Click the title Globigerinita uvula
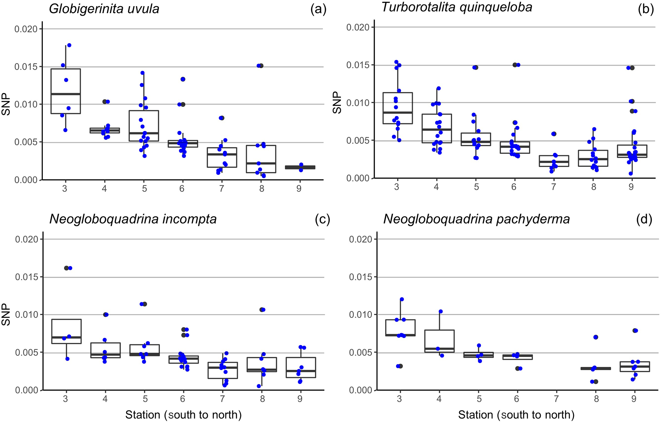(x=104, y=9)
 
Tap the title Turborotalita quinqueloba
(x=457, y=7)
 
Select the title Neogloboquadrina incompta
(x=133, y=219)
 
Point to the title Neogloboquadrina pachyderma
(x=476, y=219)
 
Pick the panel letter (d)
(x=644, y=219)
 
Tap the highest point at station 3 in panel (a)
(x=69, y=45)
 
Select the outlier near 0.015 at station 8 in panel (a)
(x=261, y=66)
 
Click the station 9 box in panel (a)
(x=299, y=167)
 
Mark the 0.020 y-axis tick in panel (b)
(x=358, y=27)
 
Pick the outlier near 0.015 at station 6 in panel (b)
(x=515, y=65)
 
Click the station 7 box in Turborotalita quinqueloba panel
(x=554, y=161)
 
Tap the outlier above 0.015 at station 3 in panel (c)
(x=67, y=268)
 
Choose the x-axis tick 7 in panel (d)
(x=556, y=399)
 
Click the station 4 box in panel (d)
(x=439, y=341)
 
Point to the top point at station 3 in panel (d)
(x=402, y=299)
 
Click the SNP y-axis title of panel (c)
(x=6, y=314)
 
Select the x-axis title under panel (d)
(x=516, y=415)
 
